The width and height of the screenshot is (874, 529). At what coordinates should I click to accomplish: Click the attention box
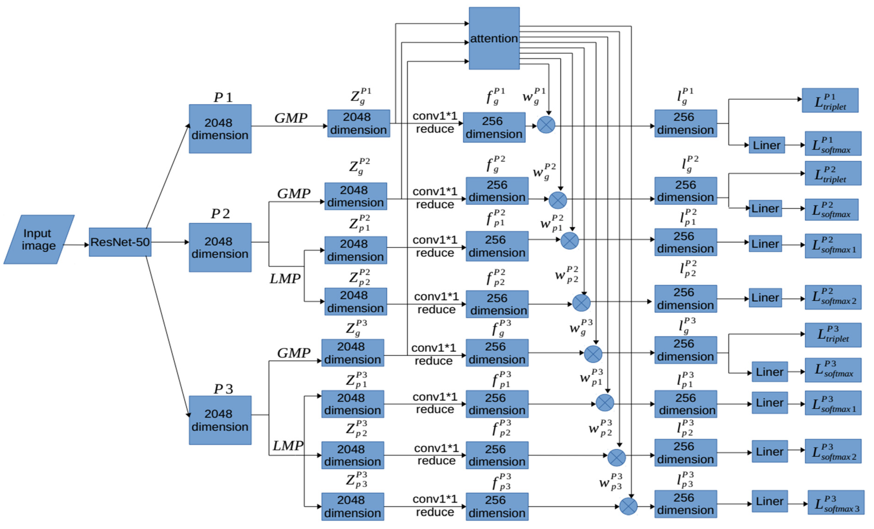pyautogui.click(x=494, y=38)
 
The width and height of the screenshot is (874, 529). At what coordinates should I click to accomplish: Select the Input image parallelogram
pyautogui.click(x=39, y=239)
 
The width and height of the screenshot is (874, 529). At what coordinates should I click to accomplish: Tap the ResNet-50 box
pyautogui.click(x=120, y=242)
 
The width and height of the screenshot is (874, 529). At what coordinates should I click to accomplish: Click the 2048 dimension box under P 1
pyautogui.click(x=220, y=129)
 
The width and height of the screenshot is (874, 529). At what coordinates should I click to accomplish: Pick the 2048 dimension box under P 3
pyautogui.click(x=220, y=420)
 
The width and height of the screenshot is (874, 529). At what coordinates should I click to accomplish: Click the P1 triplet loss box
pyautogui.click(x=830, y=100)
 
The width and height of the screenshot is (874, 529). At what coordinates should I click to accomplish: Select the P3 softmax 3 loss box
pyautogui.click(x=836, y=502)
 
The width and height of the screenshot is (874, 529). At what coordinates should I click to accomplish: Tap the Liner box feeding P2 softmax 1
pyautogui.click(x=765, y=244)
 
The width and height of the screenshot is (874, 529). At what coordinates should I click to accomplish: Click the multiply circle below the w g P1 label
pyautogui.click(x=546, y=125)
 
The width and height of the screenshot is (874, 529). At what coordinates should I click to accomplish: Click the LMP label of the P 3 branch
pyautogui.click(x=288, y=446)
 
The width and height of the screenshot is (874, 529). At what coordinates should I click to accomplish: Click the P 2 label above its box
pyautogui.click(x=220, y=214)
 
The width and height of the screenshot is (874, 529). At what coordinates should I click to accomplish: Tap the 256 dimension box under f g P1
pyautogui.click(x=494, y=128)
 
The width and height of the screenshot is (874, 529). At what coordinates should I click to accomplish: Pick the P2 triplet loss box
pyautogui.click(x=833, y=173)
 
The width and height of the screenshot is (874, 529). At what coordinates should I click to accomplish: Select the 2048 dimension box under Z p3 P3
pyautogui.click(x=353, y=506)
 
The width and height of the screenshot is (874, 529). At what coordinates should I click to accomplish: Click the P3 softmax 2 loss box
pyautogui.click(x=833, y=451)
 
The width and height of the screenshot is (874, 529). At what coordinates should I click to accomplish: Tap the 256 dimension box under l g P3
pyautogui.click(x=685, y=350)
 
